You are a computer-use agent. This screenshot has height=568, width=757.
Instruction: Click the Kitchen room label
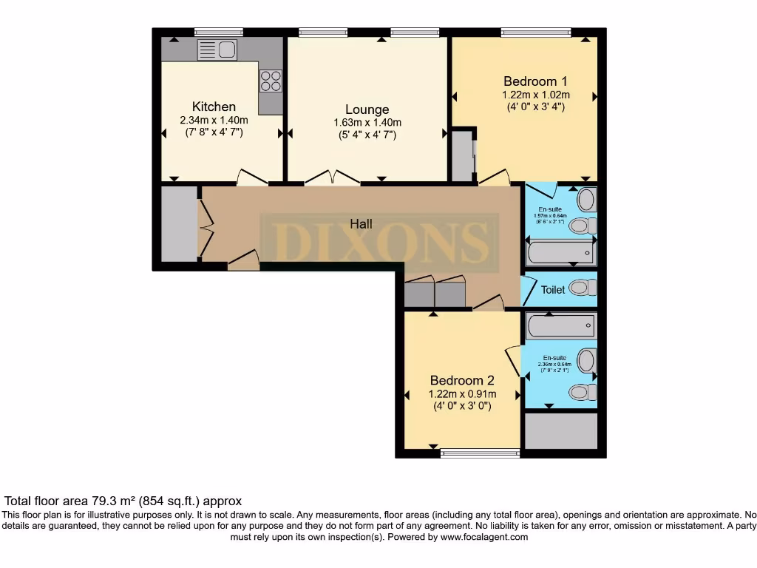pos(214,106)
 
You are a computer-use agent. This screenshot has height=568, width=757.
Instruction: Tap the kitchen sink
pos(217,50)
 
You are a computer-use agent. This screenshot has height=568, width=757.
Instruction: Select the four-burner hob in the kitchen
pos(271,80)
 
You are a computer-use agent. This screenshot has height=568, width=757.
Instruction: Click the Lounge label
pos(367,109)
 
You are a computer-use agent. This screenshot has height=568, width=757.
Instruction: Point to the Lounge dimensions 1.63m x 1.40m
pos(367,123)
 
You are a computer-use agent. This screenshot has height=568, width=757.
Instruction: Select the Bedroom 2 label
pos(463,380)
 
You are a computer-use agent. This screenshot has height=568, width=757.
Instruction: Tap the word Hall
pos(361,223)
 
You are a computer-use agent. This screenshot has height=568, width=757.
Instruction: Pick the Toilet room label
pos(553,290)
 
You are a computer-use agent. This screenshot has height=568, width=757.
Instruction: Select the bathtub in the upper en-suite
pos(561,254)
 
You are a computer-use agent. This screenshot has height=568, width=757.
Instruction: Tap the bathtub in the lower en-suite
pos(560,325)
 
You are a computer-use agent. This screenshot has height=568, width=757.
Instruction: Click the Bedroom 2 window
pos(480,453)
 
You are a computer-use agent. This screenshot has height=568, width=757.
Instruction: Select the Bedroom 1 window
pos(535,33)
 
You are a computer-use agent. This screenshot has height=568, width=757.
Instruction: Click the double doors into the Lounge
pos(332,177)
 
